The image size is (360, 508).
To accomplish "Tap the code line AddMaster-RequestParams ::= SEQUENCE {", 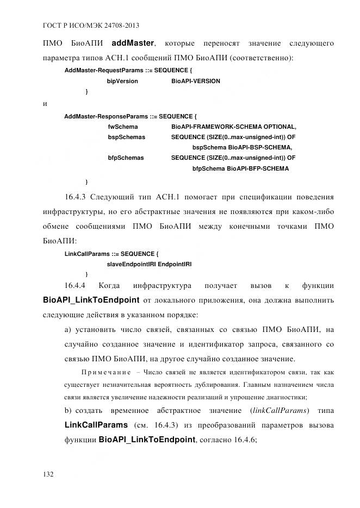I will point(128,71).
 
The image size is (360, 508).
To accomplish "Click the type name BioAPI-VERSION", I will point(196,81).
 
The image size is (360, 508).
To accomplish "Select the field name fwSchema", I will point(123,127).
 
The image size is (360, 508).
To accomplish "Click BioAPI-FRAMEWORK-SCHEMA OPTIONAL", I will point(234,127).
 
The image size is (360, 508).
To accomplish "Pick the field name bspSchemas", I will point(127,137).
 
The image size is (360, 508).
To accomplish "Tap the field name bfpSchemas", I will point(126,158).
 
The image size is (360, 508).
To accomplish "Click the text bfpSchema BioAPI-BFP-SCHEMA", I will point(241,168).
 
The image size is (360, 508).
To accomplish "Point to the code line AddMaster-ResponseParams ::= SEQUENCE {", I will point(131,116).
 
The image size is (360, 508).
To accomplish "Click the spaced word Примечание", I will point(105,373).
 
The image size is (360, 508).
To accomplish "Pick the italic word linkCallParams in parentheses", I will point(278,410).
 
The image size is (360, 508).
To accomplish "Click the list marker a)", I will point(68,330).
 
